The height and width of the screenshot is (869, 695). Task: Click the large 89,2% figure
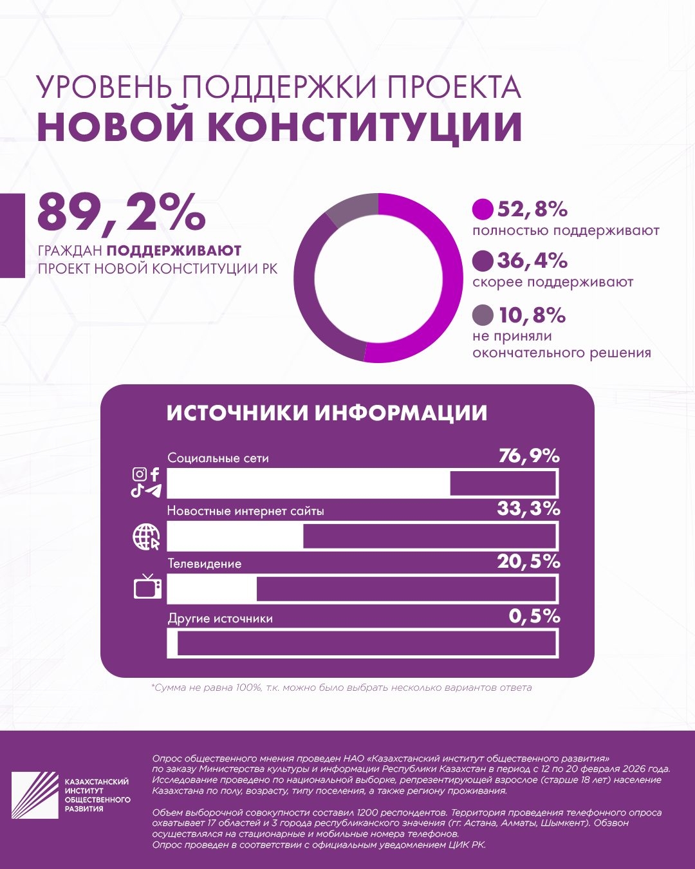[x=121, y=212]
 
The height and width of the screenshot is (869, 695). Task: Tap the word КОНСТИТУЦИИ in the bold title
[x=364, y=127]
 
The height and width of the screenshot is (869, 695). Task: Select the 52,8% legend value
[x=532, y=209]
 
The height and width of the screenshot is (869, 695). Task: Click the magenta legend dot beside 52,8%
[x=483, y=209]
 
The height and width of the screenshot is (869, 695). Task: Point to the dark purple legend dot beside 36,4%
[x=483, y=261]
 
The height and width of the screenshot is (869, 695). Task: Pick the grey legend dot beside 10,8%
[x=483, y=315]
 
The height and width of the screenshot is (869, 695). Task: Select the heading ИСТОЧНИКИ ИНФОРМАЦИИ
[x=327, y=413]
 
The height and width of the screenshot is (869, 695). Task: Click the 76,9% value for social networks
[x=529, y=456]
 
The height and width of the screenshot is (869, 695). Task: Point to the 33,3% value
[x=528, y=509]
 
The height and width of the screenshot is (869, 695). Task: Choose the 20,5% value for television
[x=528, y=562]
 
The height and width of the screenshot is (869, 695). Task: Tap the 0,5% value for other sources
[x=534, y=616]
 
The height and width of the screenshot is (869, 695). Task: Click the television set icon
[x=147, y=586]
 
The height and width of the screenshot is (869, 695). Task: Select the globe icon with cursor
[x=146, y=537]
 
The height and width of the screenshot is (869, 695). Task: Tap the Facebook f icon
[x=155, y=474]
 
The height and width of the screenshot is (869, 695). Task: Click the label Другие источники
[x=220, y=619]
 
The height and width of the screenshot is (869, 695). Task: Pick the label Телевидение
[x=205, y=563]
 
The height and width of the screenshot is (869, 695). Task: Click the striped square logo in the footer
[x=35, y=795]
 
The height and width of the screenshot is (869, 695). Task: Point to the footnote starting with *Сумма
[x=342, y=687]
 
